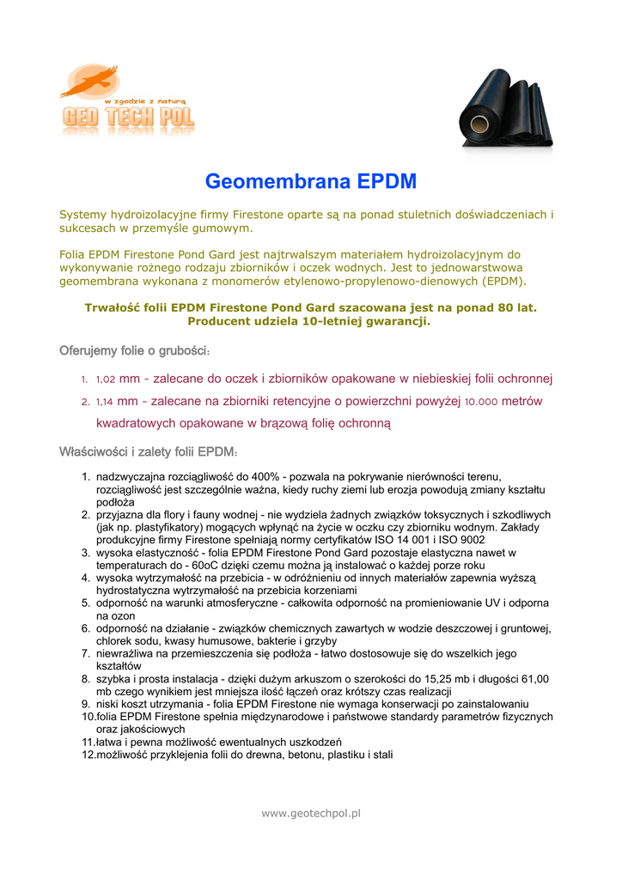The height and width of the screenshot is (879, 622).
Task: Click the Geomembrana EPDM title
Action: click(310, 182)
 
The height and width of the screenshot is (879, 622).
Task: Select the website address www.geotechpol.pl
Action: click(310, 813)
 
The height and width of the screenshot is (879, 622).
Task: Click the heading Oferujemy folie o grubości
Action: click(134, 351)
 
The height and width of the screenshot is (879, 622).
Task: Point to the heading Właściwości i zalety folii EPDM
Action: click(147, 452)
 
